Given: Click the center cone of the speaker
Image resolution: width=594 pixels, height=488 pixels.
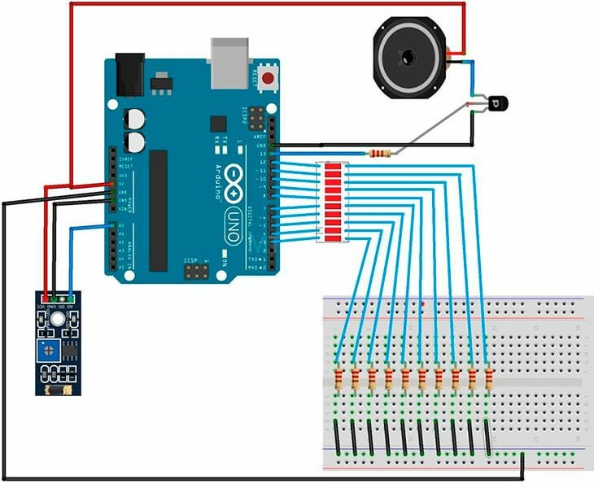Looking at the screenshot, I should click(407, 58).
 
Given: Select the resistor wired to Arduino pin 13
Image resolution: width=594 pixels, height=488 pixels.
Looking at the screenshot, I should click(378, 153).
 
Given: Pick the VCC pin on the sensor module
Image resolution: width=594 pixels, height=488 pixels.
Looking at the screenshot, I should click(46, 298).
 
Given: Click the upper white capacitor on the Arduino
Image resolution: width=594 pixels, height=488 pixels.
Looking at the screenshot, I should click(134, 119).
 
